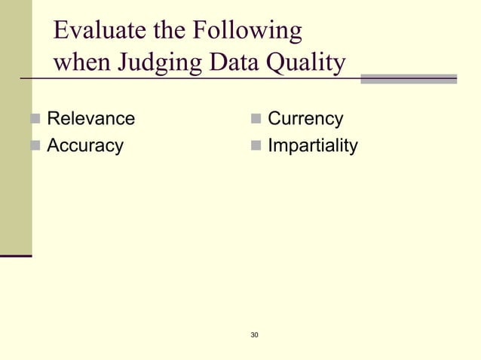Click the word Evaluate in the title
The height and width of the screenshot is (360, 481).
coord(97,32)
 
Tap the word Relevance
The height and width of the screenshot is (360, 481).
coord(91,118)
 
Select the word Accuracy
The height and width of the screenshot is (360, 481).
coord(85,145)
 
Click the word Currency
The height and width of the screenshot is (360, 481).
coord(305,118)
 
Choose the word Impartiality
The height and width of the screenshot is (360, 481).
coord(313,145)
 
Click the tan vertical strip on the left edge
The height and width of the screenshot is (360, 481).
coord(15,128)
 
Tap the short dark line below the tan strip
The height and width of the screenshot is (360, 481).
coord(16,256)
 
